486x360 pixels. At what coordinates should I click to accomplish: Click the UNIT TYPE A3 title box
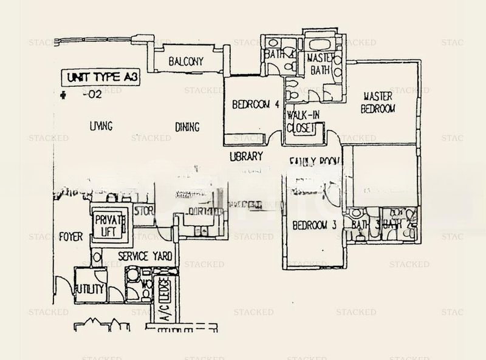(94, 78)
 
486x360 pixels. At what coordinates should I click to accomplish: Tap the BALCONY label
(185, 62)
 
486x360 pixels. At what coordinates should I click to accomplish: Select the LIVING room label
(101, 126)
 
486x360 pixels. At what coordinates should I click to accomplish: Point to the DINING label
(187, 127)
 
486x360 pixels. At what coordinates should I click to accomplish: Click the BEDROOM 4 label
(255, 104)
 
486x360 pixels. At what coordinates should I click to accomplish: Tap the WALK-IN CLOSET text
(301, 121)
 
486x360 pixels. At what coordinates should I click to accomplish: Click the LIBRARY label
(246, 156)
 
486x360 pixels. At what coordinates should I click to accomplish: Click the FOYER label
(71, 237)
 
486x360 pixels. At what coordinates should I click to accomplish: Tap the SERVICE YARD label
(145, 256)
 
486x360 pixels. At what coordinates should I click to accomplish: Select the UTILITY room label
(88, 289)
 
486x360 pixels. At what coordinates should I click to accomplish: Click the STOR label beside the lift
(143, 211)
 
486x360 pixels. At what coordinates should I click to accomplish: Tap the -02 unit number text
(92, 95)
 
